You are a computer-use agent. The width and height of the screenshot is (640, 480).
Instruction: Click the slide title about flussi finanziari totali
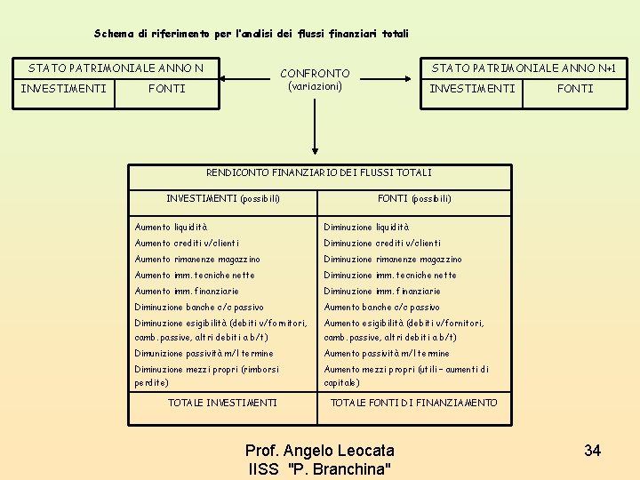251,34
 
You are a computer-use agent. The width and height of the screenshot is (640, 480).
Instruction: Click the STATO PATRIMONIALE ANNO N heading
116,68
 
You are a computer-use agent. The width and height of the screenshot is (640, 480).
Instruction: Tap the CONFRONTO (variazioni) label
315,79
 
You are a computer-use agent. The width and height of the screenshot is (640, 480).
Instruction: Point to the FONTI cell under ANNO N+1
575,89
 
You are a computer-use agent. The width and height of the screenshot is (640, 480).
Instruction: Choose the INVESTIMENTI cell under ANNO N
63,89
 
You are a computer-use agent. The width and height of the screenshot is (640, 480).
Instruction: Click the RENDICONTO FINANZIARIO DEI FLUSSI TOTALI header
318,172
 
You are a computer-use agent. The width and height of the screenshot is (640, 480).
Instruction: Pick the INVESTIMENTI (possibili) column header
223,198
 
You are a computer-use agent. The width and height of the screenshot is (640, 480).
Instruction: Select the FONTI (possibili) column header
414,198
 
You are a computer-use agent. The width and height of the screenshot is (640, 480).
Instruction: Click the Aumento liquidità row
171,228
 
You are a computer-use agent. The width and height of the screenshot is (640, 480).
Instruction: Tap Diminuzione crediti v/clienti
382,244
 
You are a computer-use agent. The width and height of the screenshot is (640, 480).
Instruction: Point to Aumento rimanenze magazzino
197,260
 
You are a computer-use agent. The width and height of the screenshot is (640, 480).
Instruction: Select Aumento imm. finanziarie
187,292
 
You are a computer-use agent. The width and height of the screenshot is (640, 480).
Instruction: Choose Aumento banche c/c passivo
381,308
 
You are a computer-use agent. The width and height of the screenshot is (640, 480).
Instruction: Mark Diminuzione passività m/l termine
204,354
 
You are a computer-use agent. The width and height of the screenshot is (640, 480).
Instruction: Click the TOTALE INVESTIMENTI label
222,404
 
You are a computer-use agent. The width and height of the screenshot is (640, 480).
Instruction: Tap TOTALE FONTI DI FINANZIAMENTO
413,404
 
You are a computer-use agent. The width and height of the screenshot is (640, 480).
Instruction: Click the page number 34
592,451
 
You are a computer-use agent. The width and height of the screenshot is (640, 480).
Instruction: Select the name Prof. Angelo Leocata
319,451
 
